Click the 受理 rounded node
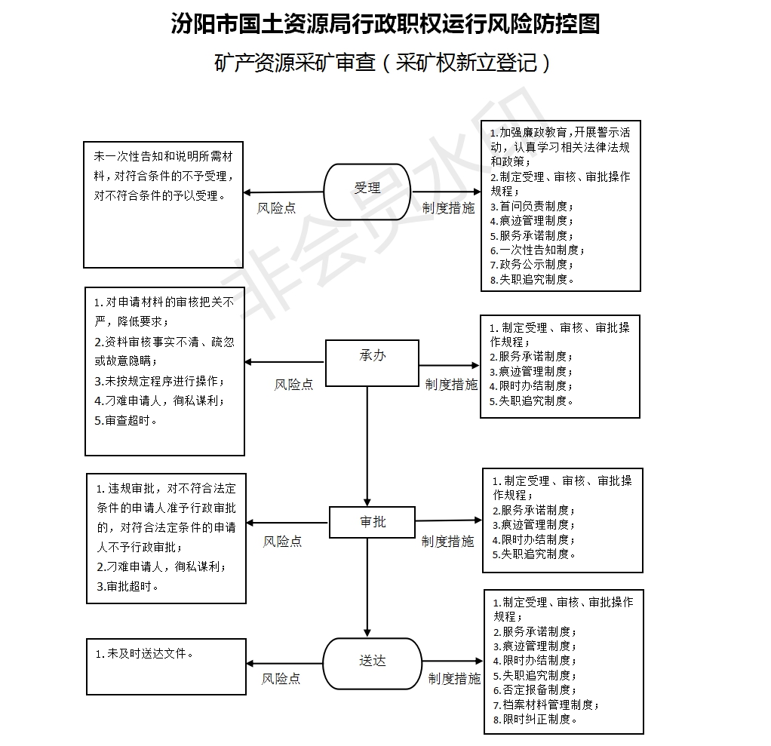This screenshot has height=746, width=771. (x=367, y=192)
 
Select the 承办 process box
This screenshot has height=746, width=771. (x=372, y=363)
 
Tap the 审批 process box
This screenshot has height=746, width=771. (x=372, y=522)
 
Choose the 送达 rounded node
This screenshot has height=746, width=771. (x=372, y=663)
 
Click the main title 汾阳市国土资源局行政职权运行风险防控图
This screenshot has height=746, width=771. (x=385, y=23)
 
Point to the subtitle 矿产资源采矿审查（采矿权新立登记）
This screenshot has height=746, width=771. (x=382, y=63)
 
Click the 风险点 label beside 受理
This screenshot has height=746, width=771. (x=276, y=208)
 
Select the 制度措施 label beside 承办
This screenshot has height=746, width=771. (x=451, y=385)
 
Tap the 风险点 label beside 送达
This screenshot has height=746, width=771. (x=281, y=679)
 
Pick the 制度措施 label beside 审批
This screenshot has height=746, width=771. (x=447, y=542)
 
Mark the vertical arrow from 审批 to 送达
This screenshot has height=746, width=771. (x=367, y=587)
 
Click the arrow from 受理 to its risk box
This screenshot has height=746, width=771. (x=284, y=192)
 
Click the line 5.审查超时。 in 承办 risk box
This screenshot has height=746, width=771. (x=126, y=420)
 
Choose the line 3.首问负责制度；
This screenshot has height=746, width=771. (x=532, y=206)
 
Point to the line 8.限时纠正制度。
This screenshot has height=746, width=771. (x=535, y=719)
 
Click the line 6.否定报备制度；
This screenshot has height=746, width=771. (x=535, y=690)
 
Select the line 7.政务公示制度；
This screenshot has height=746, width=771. (x=532, y=265)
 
